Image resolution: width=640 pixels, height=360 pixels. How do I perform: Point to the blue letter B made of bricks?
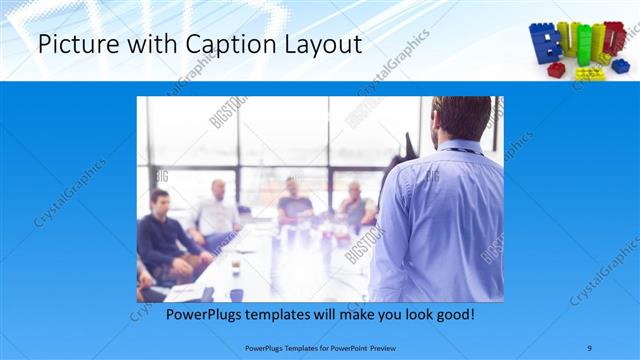(x=546, y=44)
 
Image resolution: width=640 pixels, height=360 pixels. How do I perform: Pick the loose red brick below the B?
(x=556, y=70)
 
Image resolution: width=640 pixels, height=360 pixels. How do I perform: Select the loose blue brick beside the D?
(x=621, y=66)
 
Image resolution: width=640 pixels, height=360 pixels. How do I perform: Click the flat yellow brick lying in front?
(x=589, y=73)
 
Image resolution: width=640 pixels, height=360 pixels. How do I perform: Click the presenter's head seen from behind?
(x=461, y=118)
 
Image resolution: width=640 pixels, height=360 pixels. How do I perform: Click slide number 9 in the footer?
(x=589, y=347)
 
